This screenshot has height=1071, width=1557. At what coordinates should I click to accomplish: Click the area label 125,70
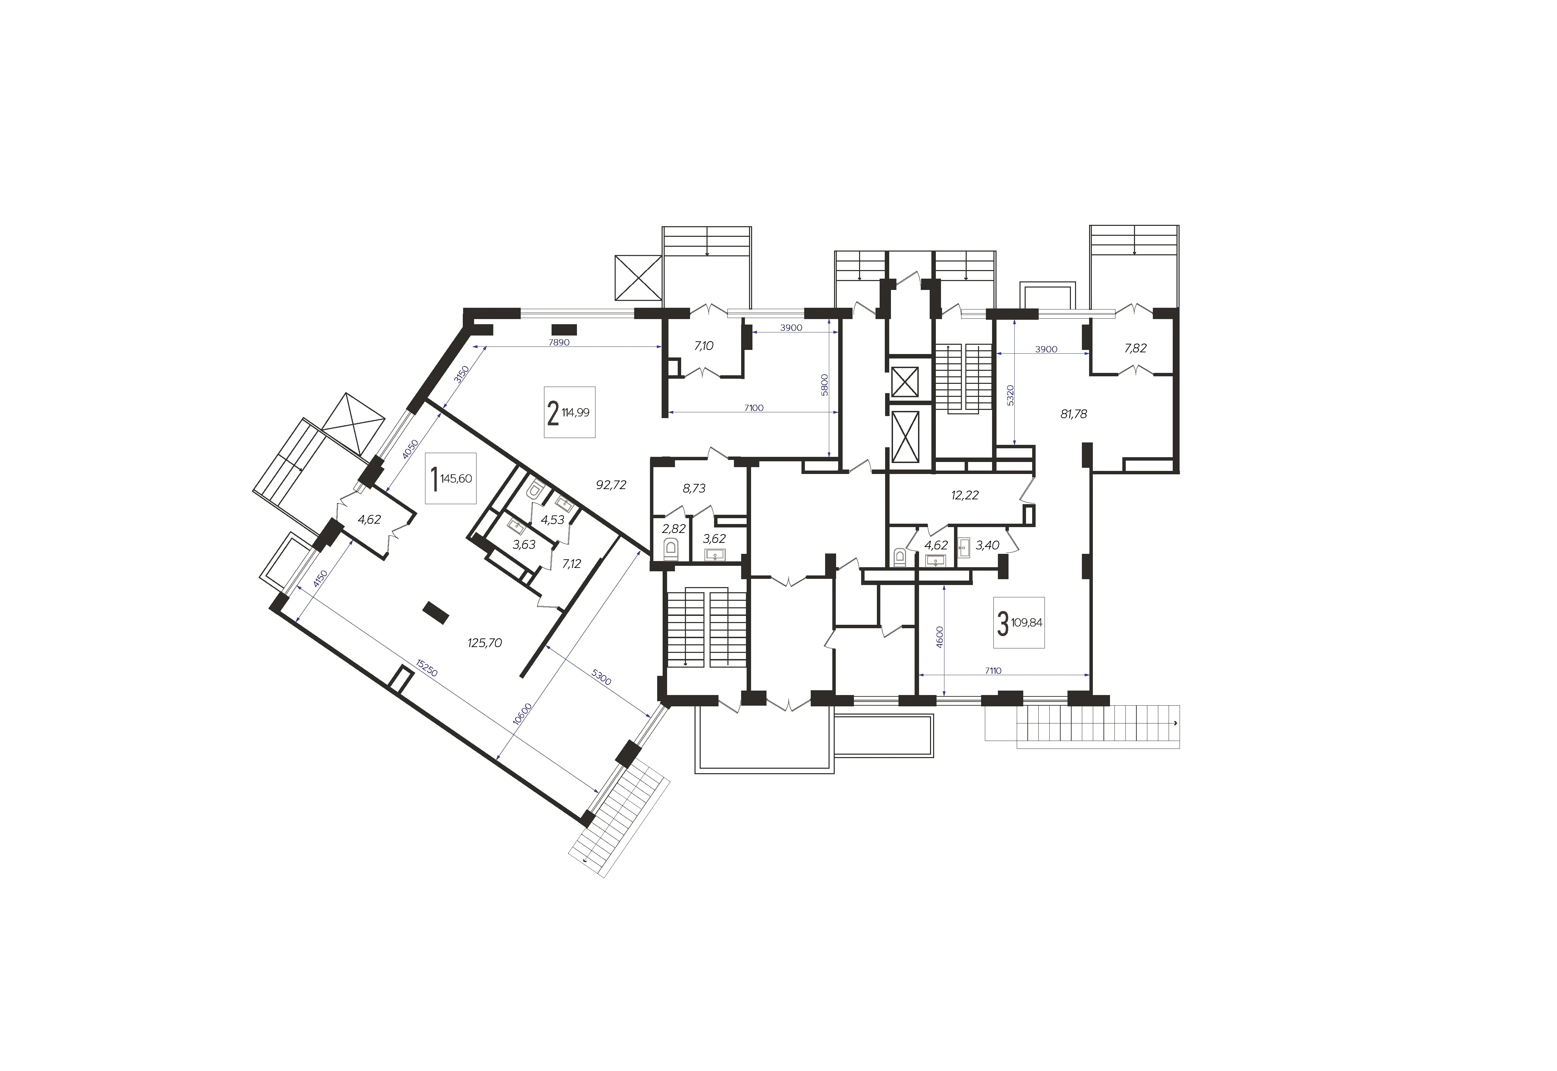485,643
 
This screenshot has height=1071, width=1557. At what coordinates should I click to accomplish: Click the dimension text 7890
559,342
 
